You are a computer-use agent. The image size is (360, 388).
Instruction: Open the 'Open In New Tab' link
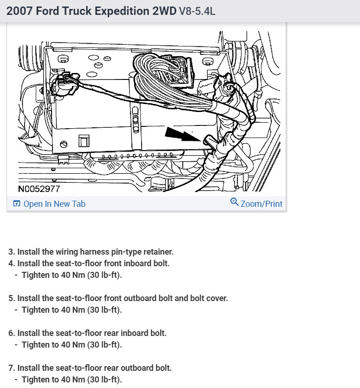[x=54, y=204]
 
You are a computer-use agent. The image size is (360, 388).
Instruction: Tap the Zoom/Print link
[x=262, y=204]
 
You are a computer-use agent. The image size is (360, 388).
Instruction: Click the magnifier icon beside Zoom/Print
[x=235, y=202]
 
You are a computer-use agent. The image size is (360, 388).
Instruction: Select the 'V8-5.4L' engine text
[x=197, y=12]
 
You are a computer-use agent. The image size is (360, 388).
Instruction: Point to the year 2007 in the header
[x=20, y=12]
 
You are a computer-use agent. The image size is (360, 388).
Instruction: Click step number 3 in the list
[x=12, y=252]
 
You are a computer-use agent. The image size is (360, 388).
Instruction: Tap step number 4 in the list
[x=12, y=263]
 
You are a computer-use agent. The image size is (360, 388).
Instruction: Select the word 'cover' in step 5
[x=216, y=298]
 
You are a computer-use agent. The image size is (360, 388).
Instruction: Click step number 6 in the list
[x=12, y=333]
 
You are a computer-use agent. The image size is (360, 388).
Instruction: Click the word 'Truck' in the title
[x=73, y=12]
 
